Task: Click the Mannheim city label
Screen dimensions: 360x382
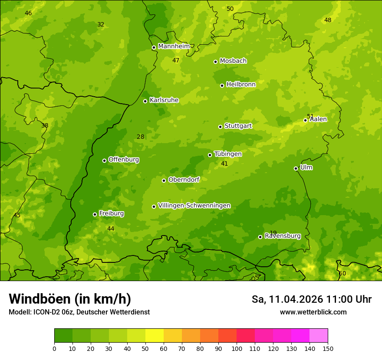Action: coord(174,46)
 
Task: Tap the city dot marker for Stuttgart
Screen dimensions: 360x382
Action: coord(220,127)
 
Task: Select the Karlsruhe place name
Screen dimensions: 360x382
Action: coord(164,100)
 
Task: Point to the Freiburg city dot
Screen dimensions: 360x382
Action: coord(95,214)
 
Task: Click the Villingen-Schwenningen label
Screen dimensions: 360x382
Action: coord(194,206)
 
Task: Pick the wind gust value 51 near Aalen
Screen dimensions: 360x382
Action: coord(310,116)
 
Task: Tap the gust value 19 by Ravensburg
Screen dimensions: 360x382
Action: coord(273,233)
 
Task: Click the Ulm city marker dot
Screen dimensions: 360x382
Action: coord(296,168)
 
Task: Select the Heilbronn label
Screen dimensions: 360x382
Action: coord(241,85)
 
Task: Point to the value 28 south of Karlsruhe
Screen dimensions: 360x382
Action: coord(141,137)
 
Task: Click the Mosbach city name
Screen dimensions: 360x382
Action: coord(233,61)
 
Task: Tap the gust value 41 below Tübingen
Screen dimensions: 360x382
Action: coord(224,164)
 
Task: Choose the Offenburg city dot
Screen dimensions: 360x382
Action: coord(104,160)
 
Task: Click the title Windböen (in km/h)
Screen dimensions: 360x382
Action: coord(70,299)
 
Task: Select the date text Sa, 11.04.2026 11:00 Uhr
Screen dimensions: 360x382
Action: coord(311,299)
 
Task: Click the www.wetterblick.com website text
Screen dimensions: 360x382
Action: coord(313,312)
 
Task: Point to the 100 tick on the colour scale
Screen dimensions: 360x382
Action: coord(237,348)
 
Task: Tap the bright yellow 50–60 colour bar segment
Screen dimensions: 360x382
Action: coord(155,336)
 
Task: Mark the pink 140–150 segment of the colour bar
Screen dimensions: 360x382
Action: coord(319,336)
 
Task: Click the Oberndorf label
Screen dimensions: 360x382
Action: coord(184,180)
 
